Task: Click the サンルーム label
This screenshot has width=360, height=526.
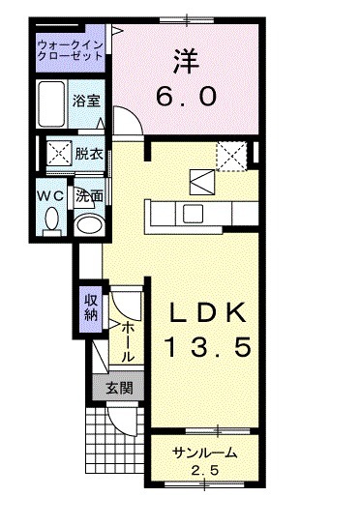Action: pos(205,454)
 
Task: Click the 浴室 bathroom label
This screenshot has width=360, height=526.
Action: pos(86,101)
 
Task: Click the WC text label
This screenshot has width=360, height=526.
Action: pos(50,194)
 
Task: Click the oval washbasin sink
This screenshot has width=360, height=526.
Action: pos(90,224)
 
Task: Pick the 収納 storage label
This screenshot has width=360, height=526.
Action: pos(89,307)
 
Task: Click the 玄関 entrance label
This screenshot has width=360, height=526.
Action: pos(118,390)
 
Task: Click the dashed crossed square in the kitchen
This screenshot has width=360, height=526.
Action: pos(232,154)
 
